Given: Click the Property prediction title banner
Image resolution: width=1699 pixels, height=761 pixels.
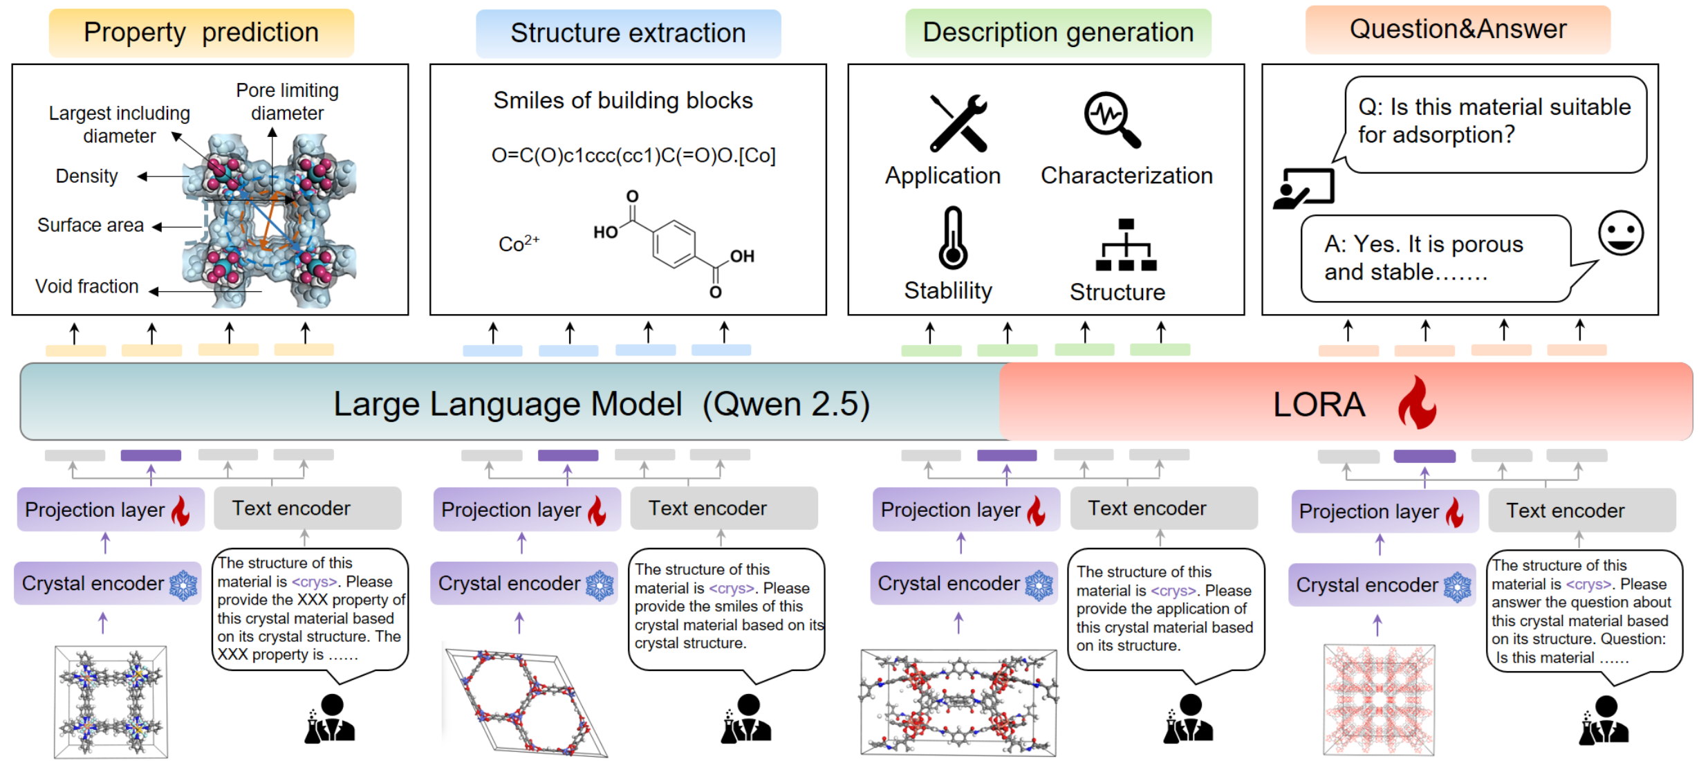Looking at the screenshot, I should [201, 33].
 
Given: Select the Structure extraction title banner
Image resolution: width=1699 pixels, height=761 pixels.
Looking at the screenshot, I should [628, 33].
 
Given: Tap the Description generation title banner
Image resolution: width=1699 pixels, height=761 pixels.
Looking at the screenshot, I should [1058, 33].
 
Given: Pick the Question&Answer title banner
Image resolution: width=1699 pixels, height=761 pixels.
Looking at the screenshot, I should [1458, 30].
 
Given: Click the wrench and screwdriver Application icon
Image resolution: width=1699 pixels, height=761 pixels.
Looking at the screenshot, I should [958, 123].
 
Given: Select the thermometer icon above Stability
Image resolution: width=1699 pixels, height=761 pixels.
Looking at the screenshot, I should [953, 238].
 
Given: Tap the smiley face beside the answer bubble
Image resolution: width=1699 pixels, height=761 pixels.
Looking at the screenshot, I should [1620, 233].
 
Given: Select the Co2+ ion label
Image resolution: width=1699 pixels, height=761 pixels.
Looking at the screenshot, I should [519, 243].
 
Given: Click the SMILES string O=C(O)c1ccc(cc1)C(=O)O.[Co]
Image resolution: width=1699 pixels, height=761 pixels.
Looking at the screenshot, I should [633, 156].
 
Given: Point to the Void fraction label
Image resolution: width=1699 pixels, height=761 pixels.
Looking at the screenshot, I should [87, 286].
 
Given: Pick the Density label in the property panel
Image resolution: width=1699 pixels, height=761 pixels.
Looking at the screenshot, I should [86, 176].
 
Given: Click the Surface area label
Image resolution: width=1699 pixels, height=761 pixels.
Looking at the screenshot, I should [91, 226].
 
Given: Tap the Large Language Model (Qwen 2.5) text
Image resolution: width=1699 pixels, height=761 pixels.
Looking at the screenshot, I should [602, 404].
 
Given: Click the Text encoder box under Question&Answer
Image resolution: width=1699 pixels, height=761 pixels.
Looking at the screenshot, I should [1581, 511].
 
